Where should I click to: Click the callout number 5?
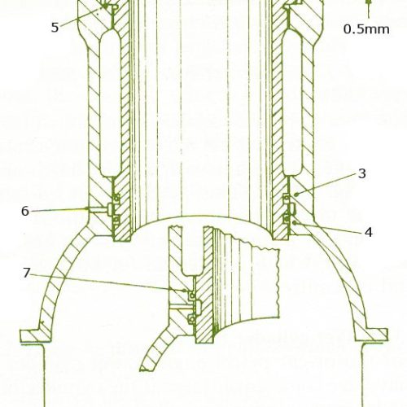coord(55,28)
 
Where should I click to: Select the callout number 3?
coord(362,173)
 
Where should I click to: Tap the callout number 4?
coord(368,233)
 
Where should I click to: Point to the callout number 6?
coord(25,211)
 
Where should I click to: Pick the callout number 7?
coord(26,273)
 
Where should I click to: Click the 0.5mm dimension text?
coord(366,29)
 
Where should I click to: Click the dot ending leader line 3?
coord(297,194)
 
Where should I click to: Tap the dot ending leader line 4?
coord(295,222)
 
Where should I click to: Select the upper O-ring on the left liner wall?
coord(116,199)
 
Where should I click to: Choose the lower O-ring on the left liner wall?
coord(116,219)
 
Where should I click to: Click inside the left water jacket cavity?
coord(110,103)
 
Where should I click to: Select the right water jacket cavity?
coord(292,103)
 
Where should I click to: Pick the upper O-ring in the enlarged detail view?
coord(192,295)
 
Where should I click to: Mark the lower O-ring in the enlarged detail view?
coord(192,320)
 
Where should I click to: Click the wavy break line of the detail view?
coord(278,282)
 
